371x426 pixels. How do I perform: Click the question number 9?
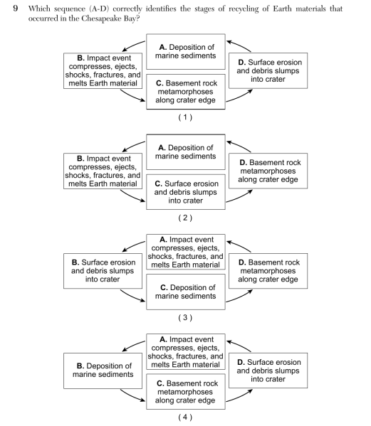coord(15,9)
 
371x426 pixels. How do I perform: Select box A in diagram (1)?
coord(186,52)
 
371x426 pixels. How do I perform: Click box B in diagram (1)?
coord(103,70)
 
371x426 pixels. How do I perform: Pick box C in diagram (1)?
coord(186,92)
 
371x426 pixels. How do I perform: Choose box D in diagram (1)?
coord(268,70)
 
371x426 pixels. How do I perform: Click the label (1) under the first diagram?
coord(185,117)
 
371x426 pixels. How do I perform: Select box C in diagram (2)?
coord(186,192)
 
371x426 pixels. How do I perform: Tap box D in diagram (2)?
coord(268,171)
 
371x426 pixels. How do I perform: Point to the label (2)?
coord(185,218)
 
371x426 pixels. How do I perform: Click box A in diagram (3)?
coord(186,252)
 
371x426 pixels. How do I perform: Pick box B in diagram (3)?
coord(103,271)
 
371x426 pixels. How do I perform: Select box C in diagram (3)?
coord(186,292)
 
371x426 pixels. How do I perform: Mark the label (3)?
coord(185,318)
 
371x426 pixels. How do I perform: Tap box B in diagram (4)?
coord(103,371)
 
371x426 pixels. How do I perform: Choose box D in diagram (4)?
coord(268,371)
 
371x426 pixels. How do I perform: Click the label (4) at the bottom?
coord(185,417)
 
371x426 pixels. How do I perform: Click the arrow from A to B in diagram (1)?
coord(132,45)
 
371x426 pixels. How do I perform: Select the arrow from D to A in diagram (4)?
coord(239,345)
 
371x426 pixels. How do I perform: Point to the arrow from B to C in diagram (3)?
coord(132,296)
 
